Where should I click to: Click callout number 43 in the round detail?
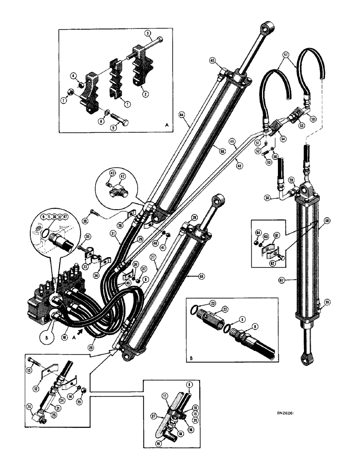coord(111,172)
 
